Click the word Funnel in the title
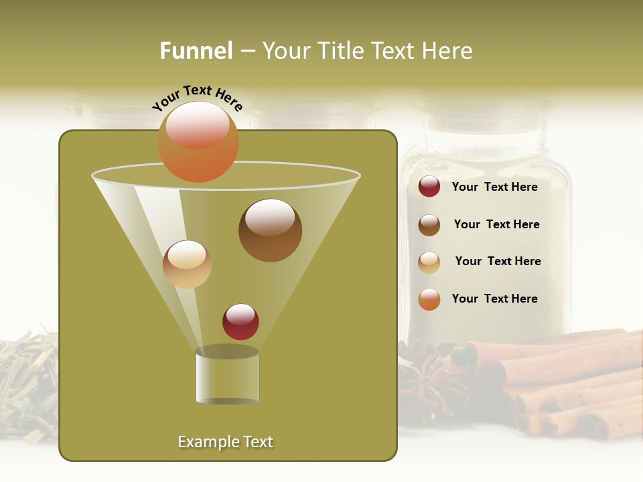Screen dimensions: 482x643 (196, 51)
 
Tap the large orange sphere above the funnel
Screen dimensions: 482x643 (198, 141)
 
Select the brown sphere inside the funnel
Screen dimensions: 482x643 (270, 230)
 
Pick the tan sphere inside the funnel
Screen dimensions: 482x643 (187, 264)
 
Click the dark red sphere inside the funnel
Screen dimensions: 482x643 (240, 321)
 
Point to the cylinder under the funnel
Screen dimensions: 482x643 (227, 376)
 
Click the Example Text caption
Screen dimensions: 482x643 (226, 442)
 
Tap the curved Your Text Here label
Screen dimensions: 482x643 (198, 98)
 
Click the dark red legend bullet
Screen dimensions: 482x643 (429, 187)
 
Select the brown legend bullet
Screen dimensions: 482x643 (429, 225)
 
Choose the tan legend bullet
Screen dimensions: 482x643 (429, 262)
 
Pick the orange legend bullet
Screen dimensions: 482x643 (429, 299)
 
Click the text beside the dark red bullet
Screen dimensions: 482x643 (494, 187)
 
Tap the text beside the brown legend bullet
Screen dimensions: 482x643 (496, 224)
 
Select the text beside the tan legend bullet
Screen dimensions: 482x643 (498, 261)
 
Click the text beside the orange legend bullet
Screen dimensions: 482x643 (494, 299)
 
